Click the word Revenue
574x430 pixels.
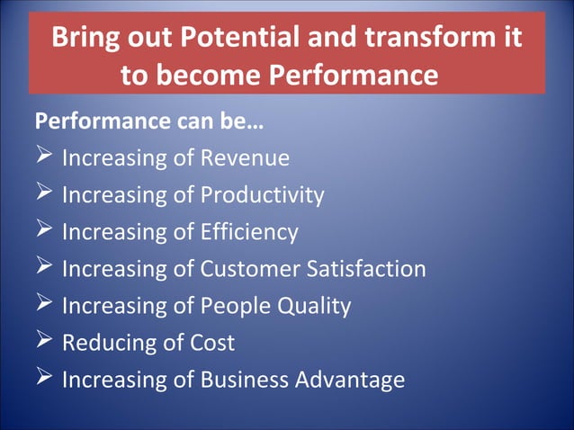(x=244, y=158)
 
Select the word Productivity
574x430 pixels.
(x=262, y=195)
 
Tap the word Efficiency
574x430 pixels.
(x=248, y=232)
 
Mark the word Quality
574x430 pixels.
(x=314, y=306)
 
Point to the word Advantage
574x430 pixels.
(x=349, y=380)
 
